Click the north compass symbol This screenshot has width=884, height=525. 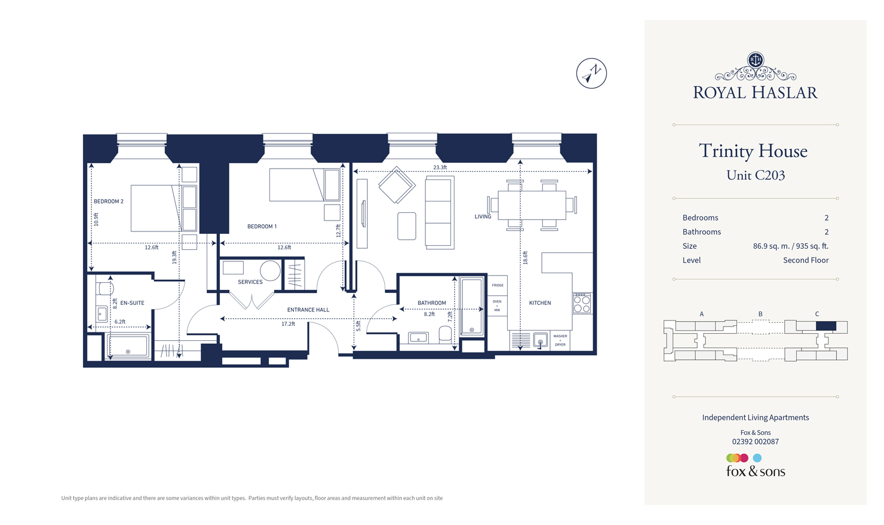pos(591,74)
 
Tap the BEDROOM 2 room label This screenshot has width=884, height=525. pos(109,202)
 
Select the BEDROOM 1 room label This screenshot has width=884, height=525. pos(262,227)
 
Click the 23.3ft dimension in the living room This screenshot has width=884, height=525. pos(440,167)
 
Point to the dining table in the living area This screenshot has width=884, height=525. pos(532,205)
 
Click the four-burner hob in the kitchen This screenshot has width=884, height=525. pos(582,303)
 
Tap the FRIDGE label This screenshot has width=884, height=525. pos(498,285)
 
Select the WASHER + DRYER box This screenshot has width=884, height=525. pos(560,340)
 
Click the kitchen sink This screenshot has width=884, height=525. pos(540,341)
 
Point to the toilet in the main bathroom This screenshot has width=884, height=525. pos(445,334)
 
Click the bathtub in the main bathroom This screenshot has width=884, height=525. pos(471,306)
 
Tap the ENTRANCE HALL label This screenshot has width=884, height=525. pos(308,310)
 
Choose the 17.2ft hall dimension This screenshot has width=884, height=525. pos(288,324)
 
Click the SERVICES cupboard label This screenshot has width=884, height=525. pos(250,282)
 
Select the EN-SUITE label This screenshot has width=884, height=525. pos(132,303)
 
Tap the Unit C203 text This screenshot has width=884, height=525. pos(755,175)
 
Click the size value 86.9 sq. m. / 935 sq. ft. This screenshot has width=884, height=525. pos(790,246)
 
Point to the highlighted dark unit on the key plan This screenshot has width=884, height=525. pos(825,326)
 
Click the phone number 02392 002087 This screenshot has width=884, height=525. pos(755,442)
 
